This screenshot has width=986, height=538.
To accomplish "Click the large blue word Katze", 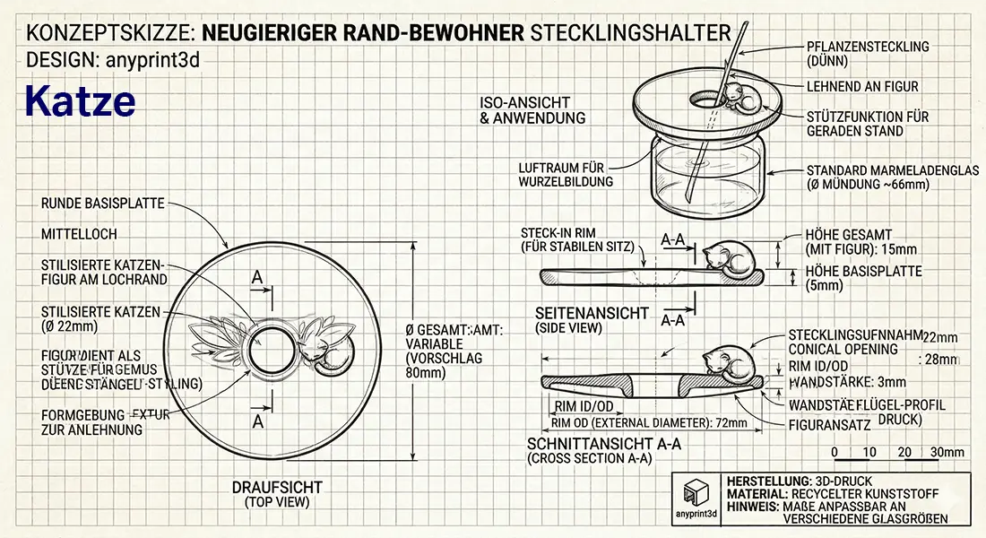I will pyautogui.click(x=80, y=101).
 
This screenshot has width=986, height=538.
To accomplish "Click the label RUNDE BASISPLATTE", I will pyautogui.click(x=102, y=204).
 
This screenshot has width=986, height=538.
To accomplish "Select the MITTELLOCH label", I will pyautogui.click(x=79, y=234).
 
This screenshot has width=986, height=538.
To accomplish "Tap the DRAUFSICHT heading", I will pyautogui.click(x=277, y=488).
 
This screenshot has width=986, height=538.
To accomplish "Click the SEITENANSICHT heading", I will pyautogui.click(x=592, y=313).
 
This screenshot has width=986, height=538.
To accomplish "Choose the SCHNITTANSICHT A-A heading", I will pyautogui.click(x=605, y=444).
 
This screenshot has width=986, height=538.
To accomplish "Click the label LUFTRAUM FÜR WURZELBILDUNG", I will pyautogui.click(x=566, y=174).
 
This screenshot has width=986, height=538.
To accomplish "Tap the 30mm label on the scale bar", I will pyautogui.click(x=947, y=452).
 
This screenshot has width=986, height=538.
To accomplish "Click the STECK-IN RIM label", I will pyautogui.click(x=577, y=239).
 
